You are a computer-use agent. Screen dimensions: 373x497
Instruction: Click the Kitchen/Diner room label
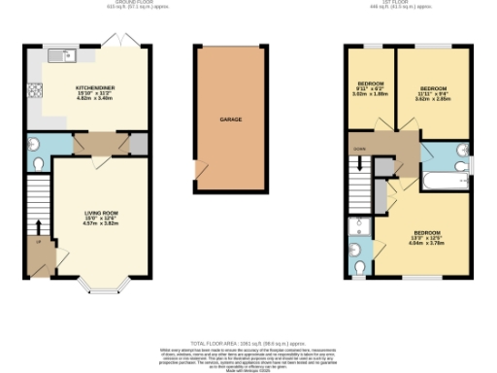(97, 92)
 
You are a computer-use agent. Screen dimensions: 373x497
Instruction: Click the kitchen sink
(68, 55)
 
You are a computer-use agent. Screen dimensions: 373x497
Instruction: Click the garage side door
(199, 173)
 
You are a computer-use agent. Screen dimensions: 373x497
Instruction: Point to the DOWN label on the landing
(359, 149)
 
